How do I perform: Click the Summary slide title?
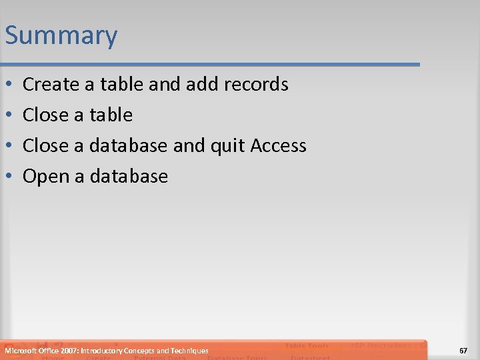click(x=61, y=35)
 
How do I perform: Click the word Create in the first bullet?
click(x=51, y=85)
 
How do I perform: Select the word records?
click(x=257, y=85)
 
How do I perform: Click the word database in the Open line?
click(x=129, y=177)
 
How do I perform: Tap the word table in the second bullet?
click(x=111, y=115)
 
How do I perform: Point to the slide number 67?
click(x=463, y=351)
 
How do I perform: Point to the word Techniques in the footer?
click(x=189, y=351)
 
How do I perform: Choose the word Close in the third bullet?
click(x=45, y=146)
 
